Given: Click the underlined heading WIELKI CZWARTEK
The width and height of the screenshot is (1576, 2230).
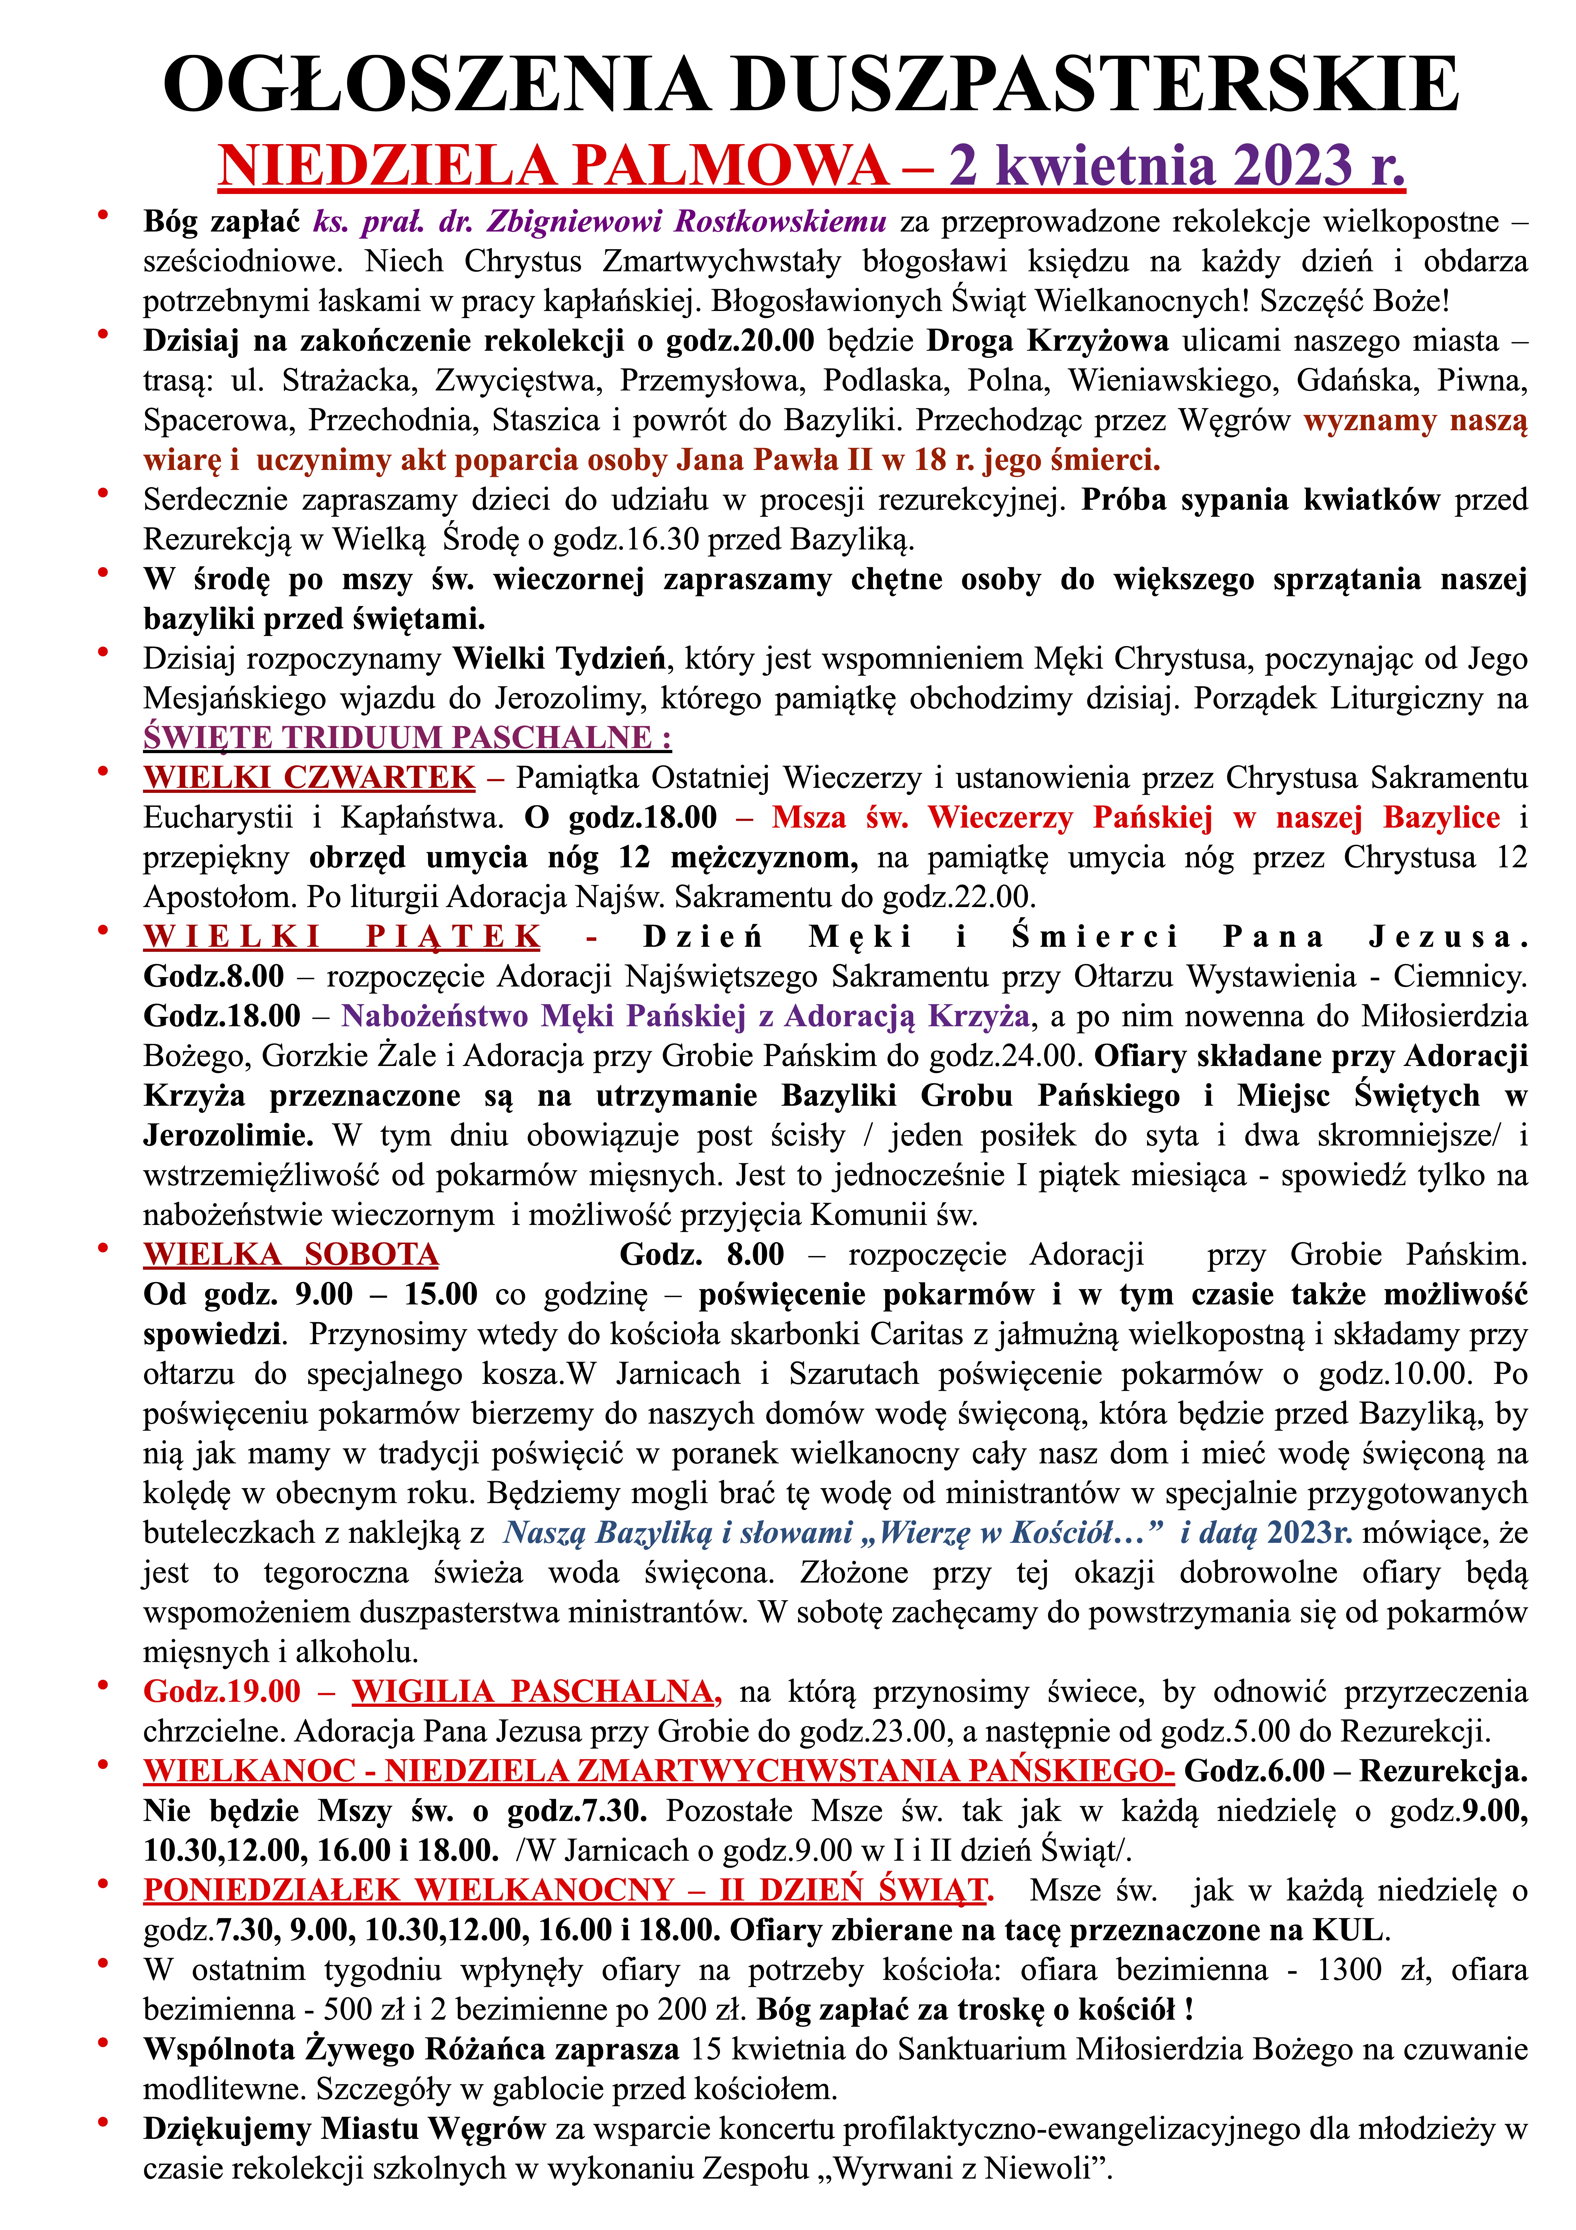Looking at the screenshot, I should (309, 777).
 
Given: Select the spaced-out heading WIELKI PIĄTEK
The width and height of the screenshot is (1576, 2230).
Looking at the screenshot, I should (342, 936).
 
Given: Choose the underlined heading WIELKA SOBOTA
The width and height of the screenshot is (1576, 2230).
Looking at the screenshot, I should (290, 1254).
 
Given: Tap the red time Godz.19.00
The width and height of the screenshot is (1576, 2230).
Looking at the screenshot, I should (221, 1691).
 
